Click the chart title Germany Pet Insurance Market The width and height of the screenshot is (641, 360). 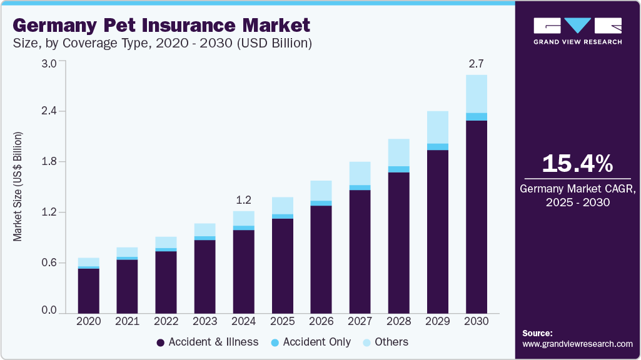point(161,26)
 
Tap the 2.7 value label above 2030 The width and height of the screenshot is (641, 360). point(477,63)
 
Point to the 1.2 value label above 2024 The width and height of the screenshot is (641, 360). point(243,200)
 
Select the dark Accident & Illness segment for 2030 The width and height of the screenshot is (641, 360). point(477,216)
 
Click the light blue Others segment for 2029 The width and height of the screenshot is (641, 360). point(438,127)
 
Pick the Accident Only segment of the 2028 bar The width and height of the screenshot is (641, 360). point(399,169)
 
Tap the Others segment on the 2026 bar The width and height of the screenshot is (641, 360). point(321,191)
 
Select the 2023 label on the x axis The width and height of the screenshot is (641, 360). point(205,321)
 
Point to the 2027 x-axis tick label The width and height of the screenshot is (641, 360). point(360,321)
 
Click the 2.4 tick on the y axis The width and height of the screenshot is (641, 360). point(49,111)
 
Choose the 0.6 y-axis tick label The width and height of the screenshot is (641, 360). point(49,263)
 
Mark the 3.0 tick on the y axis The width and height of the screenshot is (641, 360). point(49,63)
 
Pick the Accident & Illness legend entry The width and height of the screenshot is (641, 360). point(207,342)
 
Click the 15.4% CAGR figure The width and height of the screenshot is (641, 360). point(577,163)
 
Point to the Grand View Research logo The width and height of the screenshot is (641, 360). point(577,30)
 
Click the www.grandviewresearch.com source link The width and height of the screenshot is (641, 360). point(577,344)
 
